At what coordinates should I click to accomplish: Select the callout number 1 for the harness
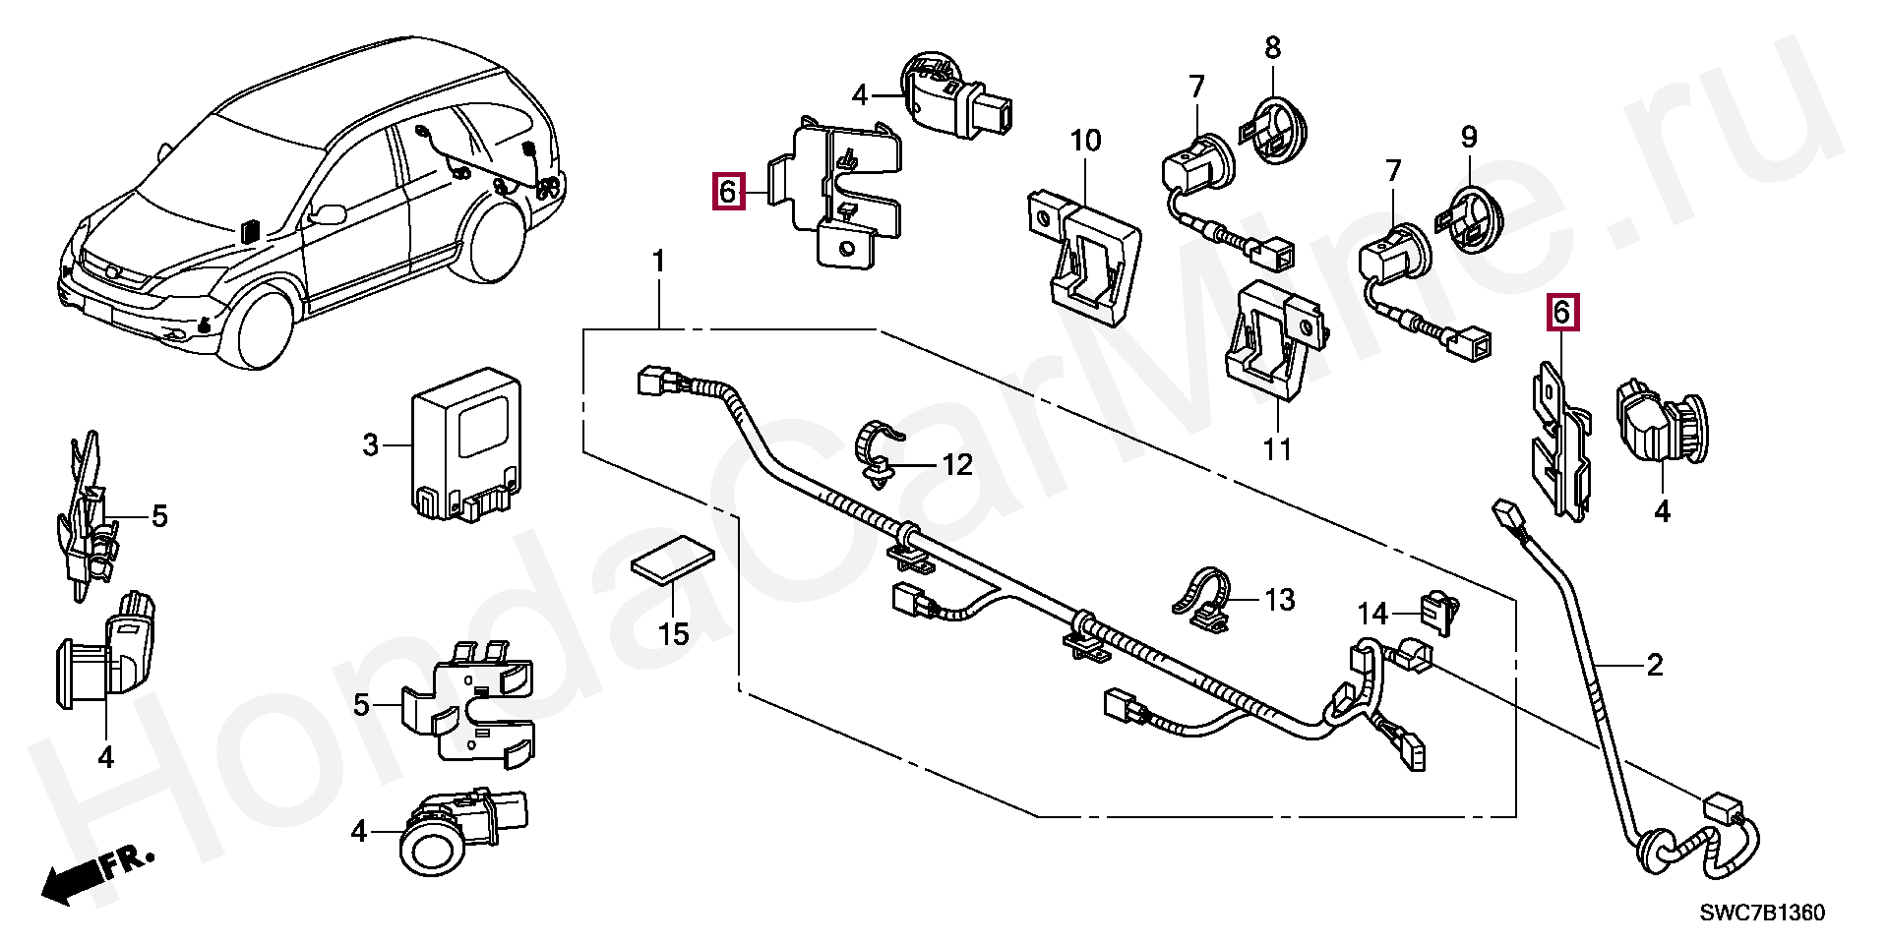click(x=658, y=235)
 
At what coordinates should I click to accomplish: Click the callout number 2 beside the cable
click(x=1654, y=666)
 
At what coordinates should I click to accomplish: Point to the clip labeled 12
click(x=879, y=451)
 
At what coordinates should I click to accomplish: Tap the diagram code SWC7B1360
click(x=1762, y=914)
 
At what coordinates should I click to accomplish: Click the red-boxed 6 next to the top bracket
click(x=727, y=191)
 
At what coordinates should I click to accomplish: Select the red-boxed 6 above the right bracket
click(x=1561, y=314)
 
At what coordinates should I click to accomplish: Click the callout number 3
click(x=370, y=446)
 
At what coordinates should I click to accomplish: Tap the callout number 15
click(x=674, y=633)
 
